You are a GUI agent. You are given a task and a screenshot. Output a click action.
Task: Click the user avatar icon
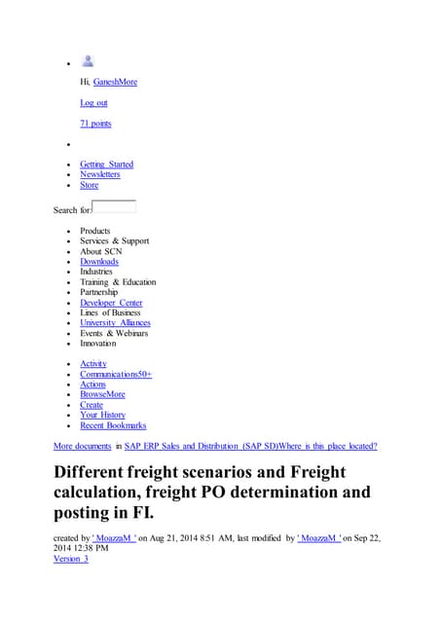click(x=88, y=61)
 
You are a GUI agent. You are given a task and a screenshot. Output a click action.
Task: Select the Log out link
click(x=93, y=102)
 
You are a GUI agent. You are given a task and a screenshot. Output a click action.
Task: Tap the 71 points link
click(x=95, y=124)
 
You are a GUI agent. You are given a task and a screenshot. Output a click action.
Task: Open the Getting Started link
click(x=106, y=165)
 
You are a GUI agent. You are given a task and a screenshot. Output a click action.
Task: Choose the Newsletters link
click(x=100, y=174)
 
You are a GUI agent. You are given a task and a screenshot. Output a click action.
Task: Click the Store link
click(x=89, y=185)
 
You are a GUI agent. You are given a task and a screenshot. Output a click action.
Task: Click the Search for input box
click(x=114, y=206)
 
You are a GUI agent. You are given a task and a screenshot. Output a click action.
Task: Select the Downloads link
click(x=99, y=262)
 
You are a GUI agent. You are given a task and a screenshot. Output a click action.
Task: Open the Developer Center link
click(x=111, y=303)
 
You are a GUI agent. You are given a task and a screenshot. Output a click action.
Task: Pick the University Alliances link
click(x=115, y=323)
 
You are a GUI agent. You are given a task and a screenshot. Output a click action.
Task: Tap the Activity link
click(x=93, y=364)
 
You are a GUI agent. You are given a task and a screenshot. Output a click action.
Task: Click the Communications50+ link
click(x=116, y=374)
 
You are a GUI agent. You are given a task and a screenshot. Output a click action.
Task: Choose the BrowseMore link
click(x=102, y=394)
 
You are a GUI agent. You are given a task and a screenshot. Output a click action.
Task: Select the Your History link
click(x=102, y=415)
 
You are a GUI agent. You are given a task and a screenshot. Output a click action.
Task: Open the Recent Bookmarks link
click(x=113, y=425)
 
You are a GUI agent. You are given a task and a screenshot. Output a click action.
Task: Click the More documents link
click(x=82, y=446)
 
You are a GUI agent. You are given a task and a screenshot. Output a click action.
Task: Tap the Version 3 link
click(x=70, y=559)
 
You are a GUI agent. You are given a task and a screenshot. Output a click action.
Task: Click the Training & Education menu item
click(x=118, y=282)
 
